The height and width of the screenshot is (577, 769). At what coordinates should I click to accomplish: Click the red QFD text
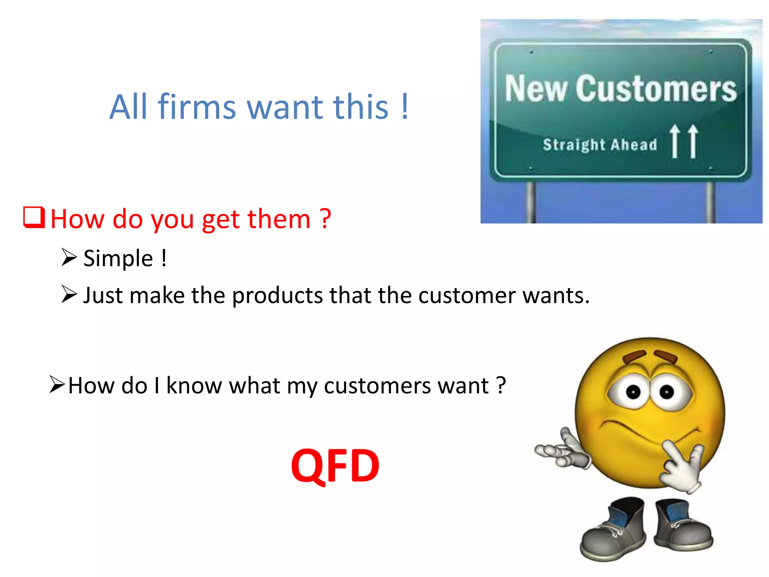(335, 466)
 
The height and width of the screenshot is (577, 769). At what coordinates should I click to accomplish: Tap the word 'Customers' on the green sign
(656, 89)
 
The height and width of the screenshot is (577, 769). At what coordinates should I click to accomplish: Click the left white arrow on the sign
(675, 141)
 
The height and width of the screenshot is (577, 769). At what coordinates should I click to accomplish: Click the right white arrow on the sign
(693, 141)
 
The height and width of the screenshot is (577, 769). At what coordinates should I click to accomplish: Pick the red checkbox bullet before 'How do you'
(34, 218)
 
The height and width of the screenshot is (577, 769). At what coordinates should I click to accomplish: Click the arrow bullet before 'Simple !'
(69, 257)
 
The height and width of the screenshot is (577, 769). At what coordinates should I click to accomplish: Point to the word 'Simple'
(118, 259)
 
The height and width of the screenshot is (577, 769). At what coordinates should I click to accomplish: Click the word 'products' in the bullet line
(277, 296)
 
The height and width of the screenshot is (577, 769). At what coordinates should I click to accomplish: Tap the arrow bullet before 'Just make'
(69, 294)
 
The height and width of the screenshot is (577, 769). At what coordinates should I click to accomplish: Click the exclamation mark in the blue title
(404, 107)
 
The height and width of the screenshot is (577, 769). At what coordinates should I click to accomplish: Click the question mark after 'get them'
(325, 219)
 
